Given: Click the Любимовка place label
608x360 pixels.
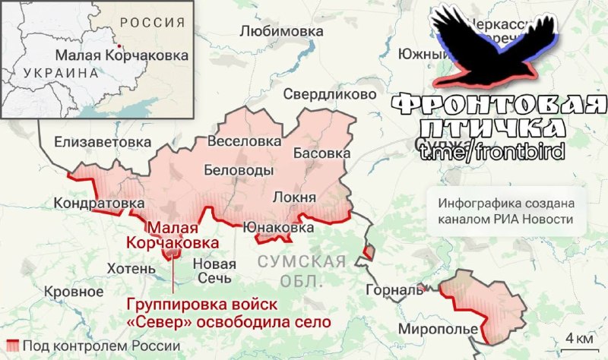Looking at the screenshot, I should pos(281,31).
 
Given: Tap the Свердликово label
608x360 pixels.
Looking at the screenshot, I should pos(330,94).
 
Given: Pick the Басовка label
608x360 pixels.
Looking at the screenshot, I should pos(321,153).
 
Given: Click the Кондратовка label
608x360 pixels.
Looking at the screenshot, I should pos(99,204).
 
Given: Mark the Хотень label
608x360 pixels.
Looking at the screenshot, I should pos(131,267).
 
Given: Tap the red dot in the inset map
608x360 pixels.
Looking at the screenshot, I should pos(120,46).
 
